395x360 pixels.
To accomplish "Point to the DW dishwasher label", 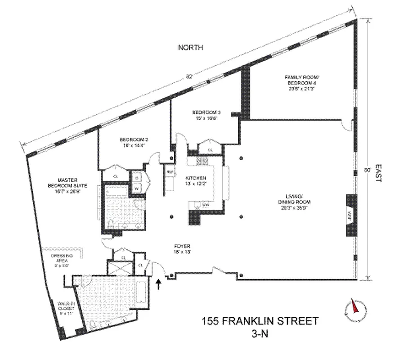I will point(206,205).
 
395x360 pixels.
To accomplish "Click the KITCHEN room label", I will point(198,179).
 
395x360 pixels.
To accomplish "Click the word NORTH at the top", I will point(191,48).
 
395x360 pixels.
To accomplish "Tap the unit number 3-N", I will point(260,334).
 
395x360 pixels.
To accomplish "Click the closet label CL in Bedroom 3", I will point(210,150).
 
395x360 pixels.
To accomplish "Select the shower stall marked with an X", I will point(122,267).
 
